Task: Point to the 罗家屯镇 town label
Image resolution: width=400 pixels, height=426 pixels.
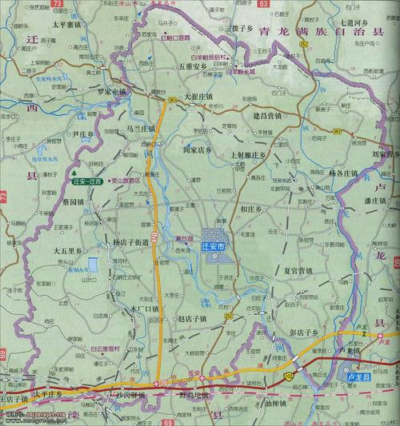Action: click(x=109, y=93)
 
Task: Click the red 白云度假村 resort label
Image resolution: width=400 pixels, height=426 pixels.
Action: click(x=106, y=348)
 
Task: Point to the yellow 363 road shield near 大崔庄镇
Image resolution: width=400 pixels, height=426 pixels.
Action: click(x=173, y=98)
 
